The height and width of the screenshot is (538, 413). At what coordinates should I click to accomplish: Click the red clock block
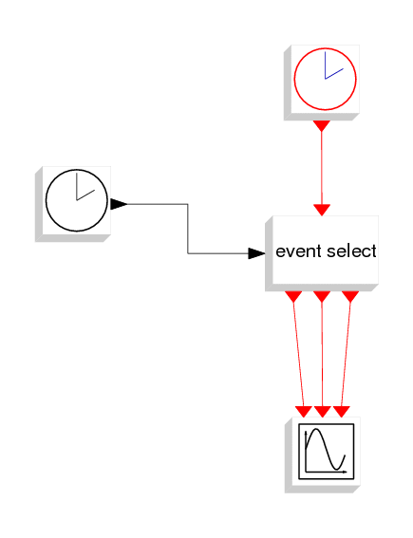tap(322, 83)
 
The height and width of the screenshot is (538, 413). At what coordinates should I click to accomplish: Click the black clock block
tap(73, 204)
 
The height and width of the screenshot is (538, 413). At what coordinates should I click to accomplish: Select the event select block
tap(322, 253)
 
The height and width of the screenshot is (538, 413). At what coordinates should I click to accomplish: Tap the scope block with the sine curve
tap(323, 455)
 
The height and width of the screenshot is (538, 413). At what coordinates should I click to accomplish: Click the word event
tap(299, 251)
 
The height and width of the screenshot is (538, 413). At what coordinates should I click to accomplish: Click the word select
tap(351, 250)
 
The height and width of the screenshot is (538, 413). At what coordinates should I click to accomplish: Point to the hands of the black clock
tap(85, 186)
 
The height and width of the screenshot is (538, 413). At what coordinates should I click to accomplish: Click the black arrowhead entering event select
tap(256, 253)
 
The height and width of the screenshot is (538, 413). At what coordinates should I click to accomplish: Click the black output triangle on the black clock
tap(119, 204)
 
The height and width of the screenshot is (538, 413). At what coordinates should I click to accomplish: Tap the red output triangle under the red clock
tap(322, 126)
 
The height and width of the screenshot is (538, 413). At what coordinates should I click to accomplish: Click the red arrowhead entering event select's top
tap(322, 210)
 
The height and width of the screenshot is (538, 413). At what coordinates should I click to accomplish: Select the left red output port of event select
tap(293, 297)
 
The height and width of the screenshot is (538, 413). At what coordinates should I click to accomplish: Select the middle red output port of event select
tap(322, 297)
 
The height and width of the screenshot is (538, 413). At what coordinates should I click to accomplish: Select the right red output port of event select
tap(350, 297)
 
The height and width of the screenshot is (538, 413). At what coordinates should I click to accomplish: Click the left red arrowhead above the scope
tap(304, 412)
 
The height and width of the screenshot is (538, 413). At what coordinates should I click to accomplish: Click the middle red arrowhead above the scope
tap(323, 412)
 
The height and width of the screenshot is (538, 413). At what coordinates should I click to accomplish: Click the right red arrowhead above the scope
tap(341, 412)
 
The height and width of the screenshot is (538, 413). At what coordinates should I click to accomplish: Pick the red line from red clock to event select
tap(322, 168)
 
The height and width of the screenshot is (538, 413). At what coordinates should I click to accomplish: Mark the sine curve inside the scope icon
tap(326, 449)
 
